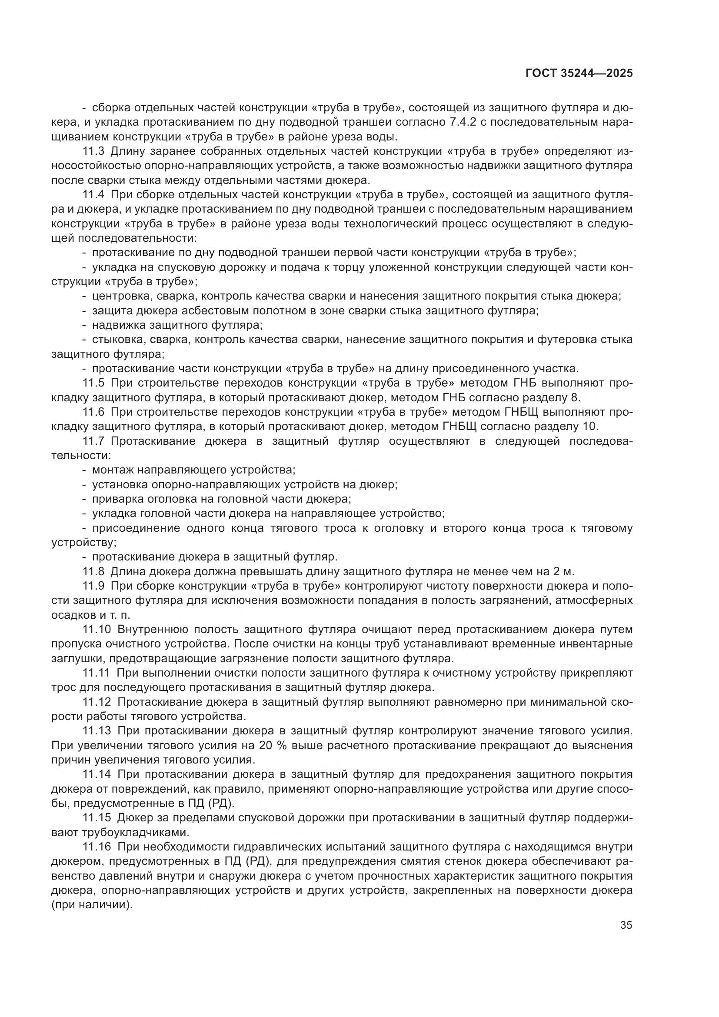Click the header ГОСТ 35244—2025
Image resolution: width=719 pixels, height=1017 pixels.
pyautogui.click(x=579, y=73)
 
